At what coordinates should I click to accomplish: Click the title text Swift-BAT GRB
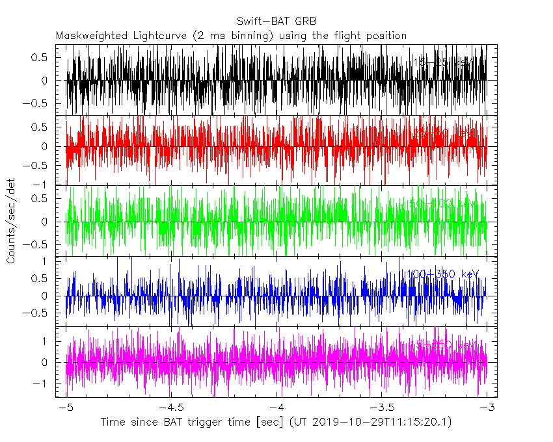[276, 20]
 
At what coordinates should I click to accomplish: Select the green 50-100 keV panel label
[442, 203]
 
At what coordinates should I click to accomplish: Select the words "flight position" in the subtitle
[373, 35]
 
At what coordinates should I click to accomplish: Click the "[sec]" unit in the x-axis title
[263, 422]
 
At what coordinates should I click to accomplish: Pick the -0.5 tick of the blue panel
[40, 313]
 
